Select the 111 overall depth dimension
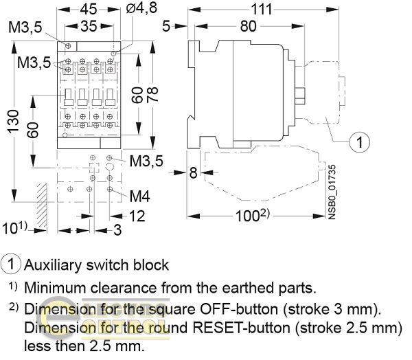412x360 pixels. (261, 10)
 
